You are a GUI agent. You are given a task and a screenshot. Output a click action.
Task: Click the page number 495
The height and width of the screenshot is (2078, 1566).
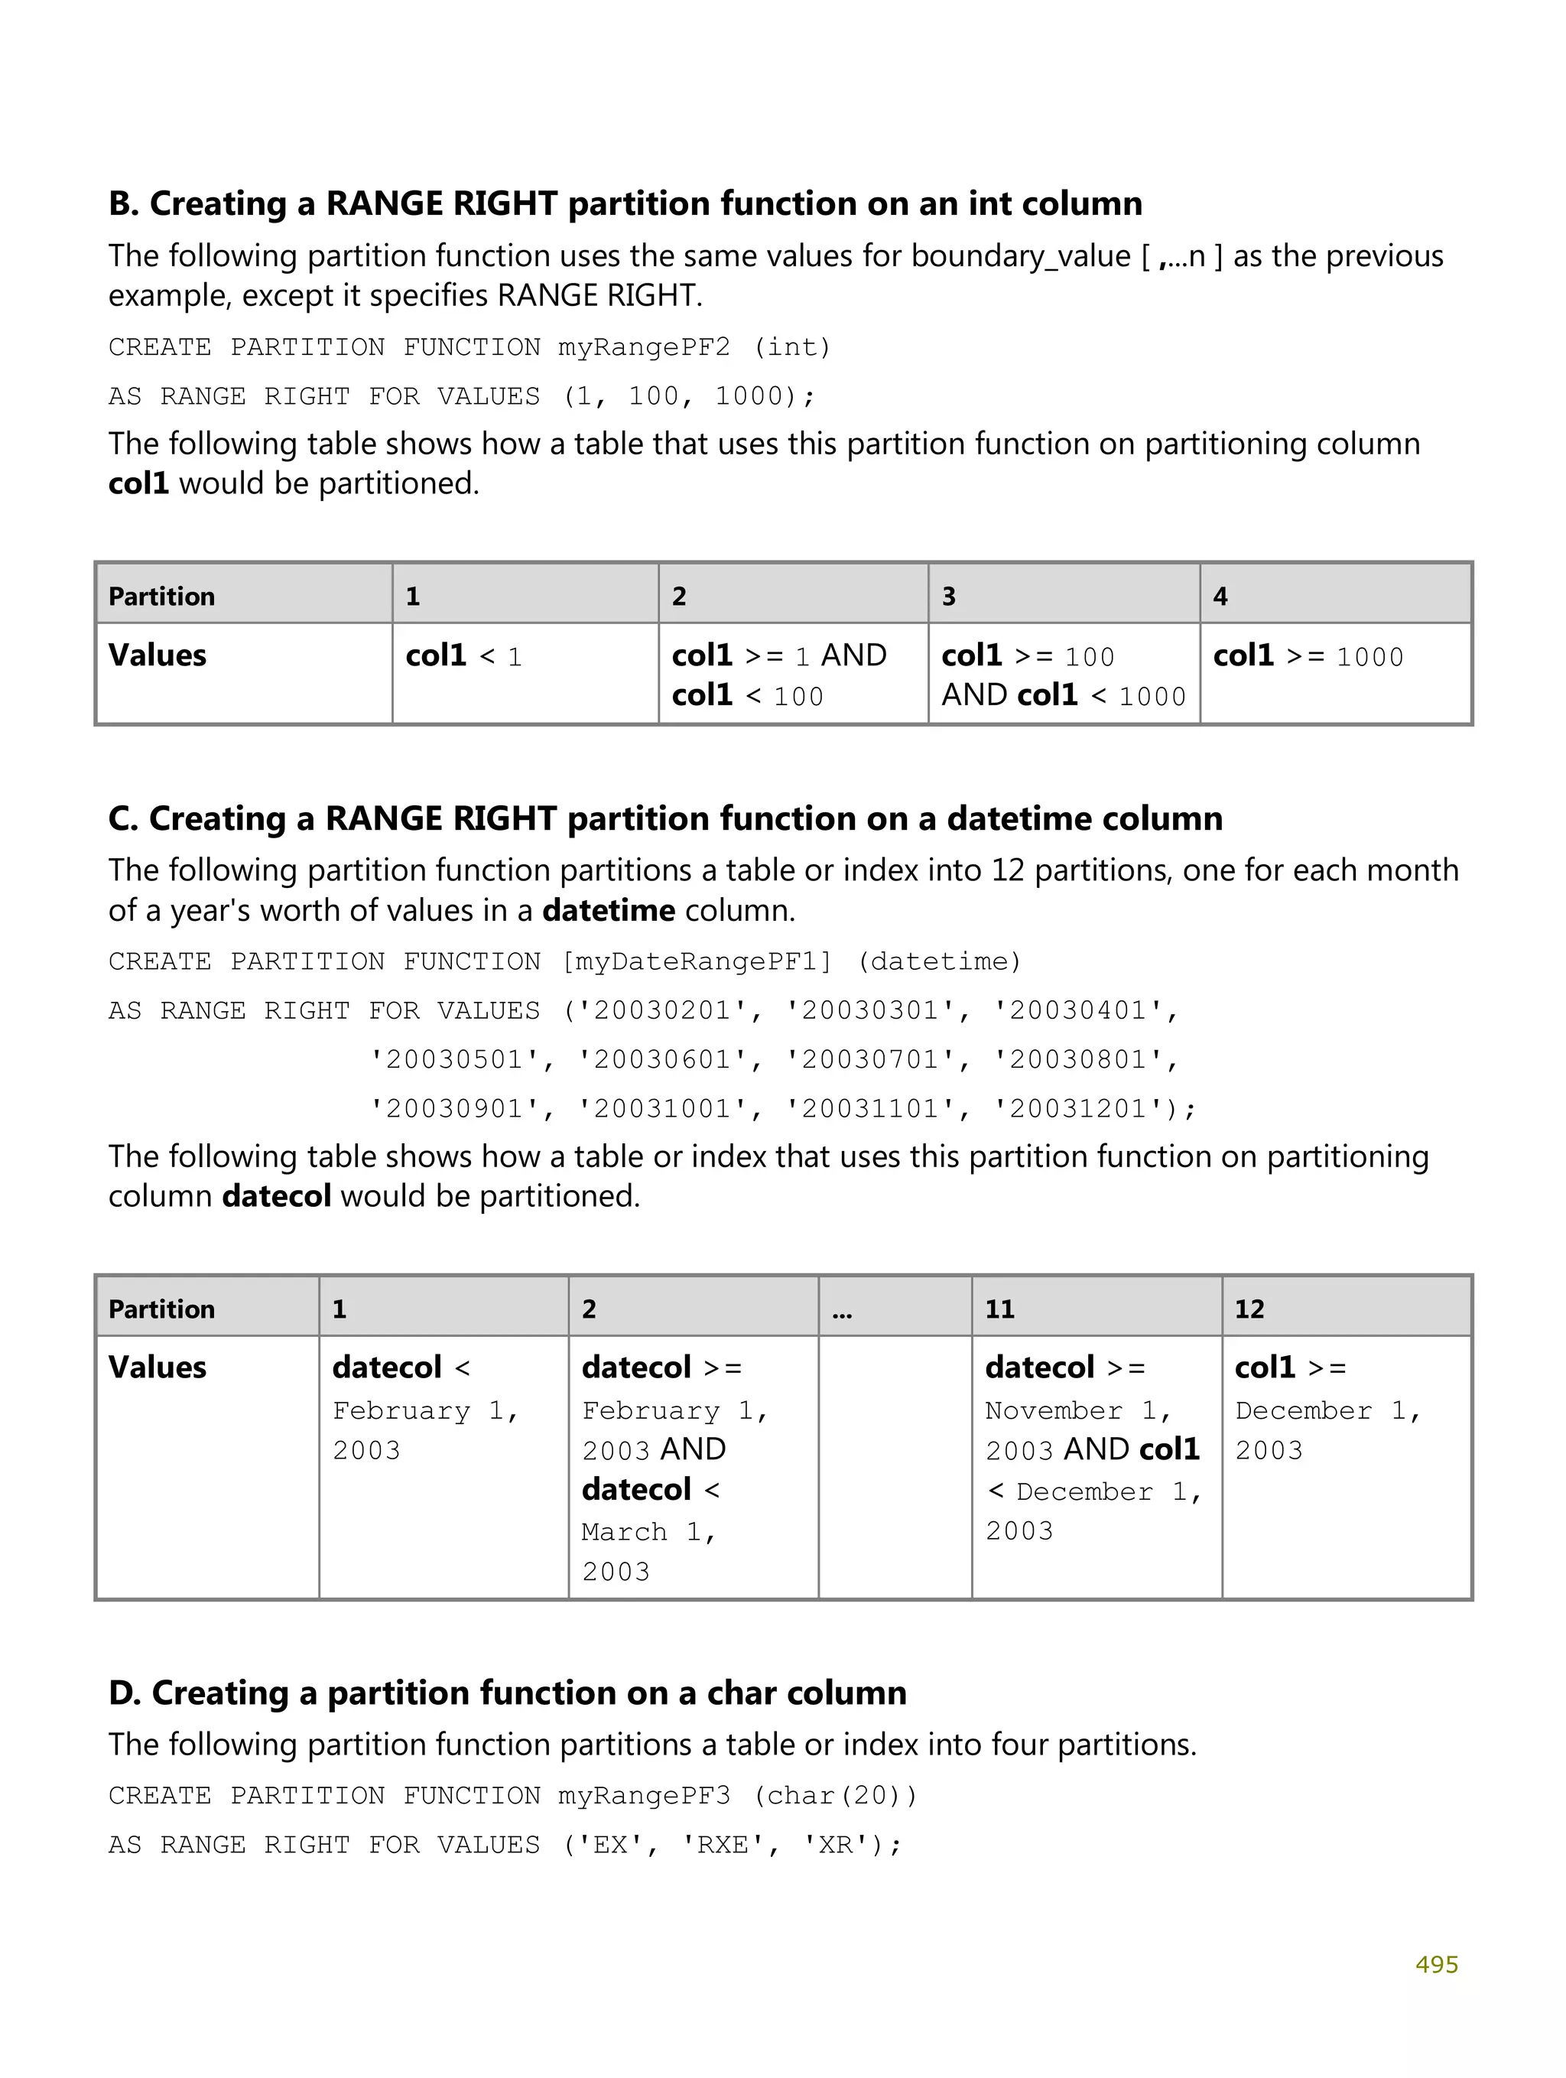click(x=1435, y=1964)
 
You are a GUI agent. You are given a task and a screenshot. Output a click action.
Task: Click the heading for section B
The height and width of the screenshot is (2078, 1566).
click(x=625, y=204)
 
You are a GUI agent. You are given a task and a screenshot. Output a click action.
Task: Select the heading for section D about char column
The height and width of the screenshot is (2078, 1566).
click(x=507, y=1692)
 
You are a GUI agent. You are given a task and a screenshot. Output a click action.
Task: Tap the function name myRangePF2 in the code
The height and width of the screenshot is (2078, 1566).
click(x=644, y=347)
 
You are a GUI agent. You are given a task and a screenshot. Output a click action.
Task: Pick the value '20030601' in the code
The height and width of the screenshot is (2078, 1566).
click(x=661, y=1061)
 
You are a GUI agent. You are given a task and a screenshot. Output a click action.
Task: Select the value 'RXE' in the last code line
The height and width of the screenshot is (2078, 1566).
click(x=723, y=1845)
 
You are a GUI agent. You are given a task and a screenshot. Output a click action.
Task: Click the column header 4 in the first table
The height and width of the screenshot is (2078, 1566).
click(x=1220, y=597)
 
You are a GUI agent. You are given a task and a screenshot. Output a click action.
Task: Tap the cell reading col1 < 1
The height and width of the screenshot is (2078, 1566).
click(x=463, y=655)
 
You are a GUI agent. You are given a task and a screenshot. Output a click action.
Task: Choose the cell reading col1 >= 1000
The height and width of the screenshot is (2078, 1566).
click(x=1308, y=655)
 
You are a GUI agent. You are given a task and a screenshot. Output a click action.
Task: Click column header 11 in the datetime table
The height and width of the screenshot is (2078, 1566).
click(x=999, y=1309)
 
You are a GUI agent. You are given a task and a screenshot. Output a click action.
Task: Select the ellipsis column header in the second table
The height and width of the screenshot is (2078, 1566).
click(x=842, y=1309)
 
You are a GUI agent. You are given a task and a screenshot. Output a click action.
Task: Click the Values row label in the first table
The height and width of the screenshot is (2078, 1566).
click(x=157, y=655)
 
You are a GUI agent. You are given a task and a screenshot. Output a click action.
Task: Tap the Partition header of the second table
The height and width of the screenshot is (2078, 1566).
click(x=161, y=1309)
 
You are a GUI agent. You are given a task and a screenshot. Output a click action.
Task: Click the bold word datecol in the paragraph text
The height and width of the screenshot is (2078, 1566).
click(x=276, y=1197)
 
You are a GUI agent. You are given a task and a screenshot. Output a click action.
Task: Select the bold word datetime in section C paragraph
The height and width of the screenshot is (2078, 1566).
click(x=609, y=911)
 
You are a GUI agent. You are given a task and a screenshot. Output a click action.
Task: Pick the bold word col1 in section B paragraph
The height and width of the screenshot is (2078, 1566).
click(x=138, y=484)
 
